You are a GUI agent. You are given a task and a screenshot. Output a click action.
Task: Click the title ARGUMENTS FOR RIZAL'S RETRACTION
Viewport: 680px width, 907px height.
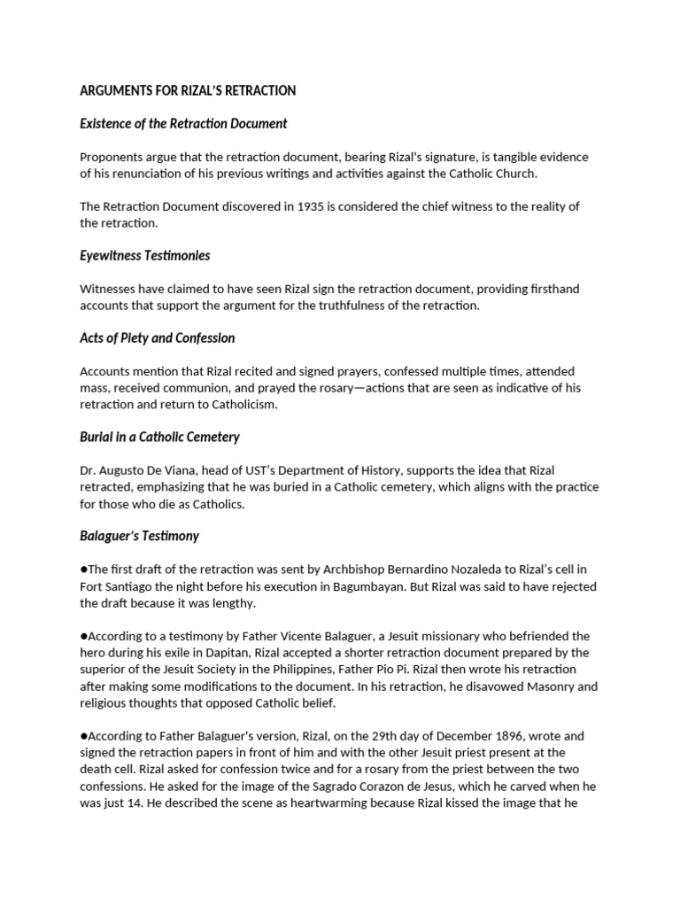(188, 90)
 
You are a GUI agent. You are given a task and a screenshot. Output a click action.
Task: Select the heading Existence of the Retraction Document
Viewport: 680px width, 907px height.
(183, 123)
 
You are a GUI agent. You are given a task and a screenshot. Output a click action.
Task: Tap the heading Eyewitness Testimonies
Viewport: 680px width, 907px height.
(145, 255)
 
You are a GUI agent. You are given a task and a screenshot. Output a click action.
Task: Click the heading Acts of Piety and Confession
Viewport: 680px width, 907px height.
(157, 337)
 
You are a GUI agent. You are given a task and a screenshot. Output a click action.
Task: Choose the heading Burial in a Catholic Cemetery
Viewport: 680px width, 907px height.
(159, 437)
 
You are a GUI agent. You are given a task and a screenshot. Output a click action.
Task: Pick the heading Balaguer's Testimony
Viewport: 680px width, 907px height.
(139, 536)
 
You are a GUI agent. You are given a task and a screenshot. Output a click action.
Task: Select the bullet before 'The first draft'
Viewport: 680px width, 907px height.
(83, 569)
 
